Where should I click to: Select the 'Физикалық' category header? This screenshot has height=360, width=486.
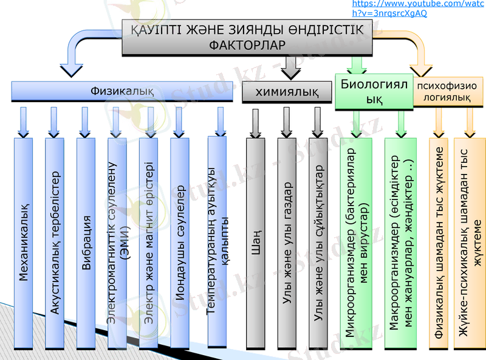click(x=122, y=91)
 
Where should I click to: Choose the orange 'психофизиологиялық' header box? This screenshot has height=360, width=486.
click(x=447, y=91)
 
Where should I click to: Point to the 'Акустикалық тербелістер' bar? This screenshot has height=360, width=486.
click(x=55, y=243)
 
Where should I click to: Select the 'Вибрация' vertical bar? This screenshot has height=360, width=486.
click(x=86, y=243)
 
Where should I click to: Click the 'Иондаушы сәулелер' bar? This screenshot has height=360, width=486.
click(x=180, y=243)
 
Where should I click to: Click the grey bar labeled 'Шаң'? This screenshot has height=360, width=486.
click(x=256, y=243)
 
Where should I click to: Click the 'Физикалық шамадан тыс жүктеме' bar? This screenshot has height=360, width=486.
click(x=439, y=243)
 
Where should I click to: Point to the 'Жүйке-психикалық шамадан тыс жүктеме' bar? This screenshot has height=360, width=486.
click(x=470, y=243)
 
